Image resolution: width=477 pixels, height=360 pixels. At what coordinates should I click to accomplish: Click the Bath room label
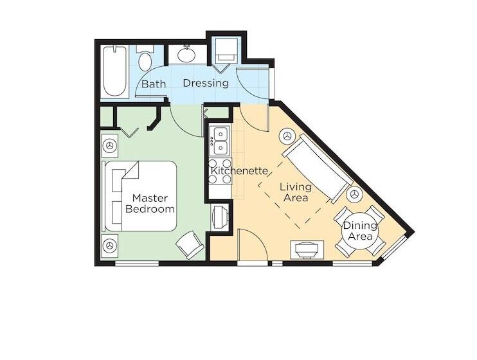pos(154,84)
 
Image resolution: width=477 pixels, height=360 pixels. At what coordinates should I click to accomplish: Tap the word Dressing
pos(206,83)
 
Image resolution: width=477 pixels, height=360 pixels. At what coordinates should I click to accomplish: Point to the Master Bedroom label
pos(150,203)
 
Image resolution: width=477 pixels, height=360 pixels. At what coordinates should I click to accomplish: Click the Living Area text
pos(296,192)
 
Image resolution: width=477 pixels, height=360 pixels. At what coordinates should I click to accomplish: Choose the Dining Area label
pos(357,231)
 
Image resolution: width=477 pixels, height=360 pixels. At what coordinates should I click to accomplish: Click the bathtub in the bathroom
pos(113,71)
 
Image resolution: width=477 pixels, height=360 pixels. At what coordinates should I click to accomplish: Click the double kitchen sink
pos(219,141)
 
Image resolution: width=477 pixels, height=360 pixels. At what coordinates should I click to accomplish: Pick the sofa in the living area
pos(316,168)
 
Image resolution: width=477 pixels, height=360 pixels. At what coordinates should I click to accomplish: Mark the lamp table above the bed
pos(110,146)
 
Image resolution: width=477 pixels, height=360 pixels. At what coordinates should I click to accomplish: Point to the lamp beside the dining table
pos(353,195)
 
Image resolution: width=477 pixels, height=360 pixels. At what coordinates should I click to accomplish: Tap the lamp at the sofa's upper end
pos(287,136)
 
